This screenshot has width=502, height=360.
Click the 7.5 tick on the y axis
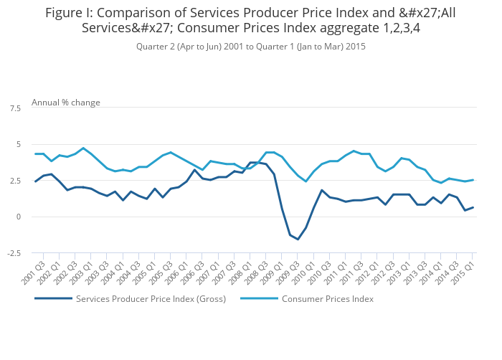click(15, 108)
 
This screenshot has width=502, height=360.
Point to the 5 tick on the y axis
click(18, 144)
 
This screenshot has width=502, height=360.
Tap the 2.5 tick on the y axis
click(15, 181)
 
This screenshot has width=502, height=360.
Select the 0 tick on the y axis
click(18, 217)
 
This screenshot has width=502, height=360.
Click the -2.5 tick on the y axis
click(14, 253)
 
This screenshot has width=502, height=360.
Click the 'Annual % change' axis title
click(66, 103)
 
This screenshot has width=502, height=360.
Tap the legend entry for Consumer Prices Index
click(327, 299)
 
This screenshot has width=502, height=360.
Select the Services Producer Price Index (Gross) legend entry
click(151, 299)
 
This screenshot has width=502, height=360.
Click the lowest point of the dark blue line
click(298, 239)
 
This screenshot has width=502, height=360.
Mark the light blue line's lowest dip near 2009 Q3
click(306, 181)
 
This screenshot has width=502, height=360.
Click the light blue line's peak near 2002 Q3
click(83, 148)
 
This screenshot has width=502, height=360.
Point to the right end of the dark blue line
click(473, 207)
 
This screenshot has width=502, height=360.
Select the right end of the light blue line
click(473, 180)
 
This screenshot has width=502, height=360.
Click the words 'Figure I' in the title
click(67, 12)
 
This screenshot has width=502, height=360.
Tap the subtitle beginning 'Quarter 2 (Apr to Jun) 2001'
click(251, 47)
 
